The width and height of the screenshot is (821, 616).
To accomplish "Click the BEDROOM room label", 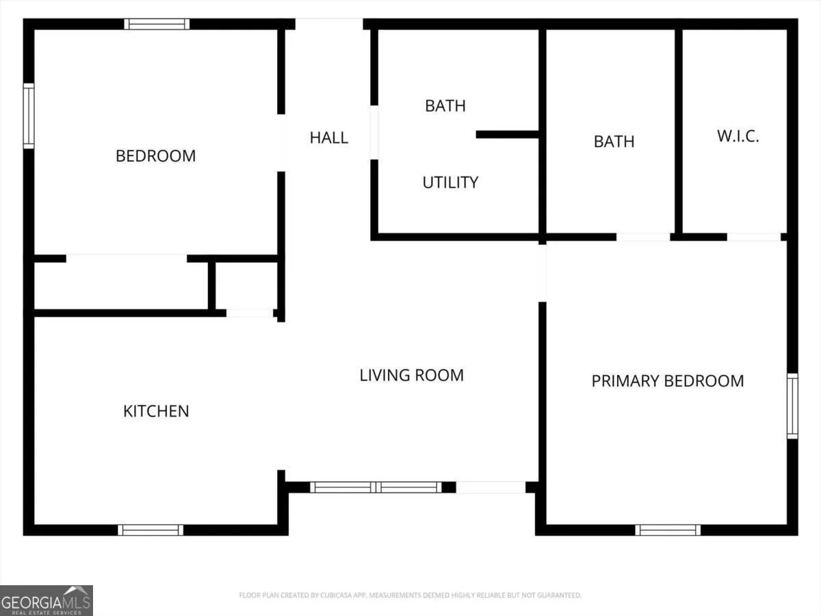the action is click(x=155, y=156).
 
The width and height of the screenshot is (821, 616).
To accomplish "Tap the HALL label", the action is click(x=329, y=138).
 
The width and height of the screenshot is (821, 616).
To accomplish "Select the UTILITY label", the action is click(x=450, y=183).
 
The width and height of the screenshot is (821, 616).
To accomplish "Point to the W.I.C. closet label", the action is click(x=738, y=136).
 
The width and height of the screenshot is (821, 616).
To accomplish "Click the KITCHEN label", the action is click(x=156, y=411).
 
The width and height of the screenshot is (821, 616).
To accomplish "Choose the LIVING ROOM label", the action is click(x=411, y=375).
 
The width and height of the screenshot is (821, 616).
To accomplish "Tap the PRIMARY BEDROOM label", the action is click(x=668, y=381).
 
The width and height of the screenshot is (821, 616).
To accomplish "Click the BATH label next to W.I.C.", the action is click(x=614, y=142).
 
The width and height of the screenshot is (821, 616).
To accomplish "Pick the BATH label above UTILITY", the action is click(x=445, y=106).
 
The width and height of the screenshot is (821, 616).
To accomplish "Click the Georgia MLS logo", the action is click(x=47, y=601).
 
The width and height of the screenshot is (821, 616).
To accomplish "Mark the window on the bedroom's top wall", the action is click(x=157, y=24).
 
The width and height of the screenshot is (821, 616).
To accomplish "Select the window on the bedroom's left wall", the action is click(x=29, y=116).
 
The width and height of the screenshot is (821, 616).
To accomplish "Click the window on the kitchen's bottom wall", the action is click(x=151, y=530).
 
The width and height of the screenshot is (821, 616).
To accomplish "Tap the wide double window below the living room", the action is click(x=376, y=487).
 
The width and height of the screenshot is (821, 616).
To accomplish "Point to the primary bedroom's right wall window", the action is click(x=792, y=406).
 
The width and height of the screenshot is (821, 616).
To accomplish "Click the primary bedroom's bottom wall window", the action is click(x=668, y=530).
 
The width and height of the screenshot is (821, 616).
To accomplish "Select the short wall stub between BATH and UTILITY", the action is click(x=507, y=135).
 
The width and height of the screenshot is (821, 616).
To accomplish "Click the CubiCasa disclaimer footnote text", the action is click(x=410, y=595).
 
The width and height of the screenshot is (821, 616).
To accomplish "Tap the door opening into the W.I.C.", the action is click(x=754, y=237).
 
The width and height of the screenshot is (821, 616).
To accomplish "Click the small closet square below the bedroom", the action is click(x=246, y=285).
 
